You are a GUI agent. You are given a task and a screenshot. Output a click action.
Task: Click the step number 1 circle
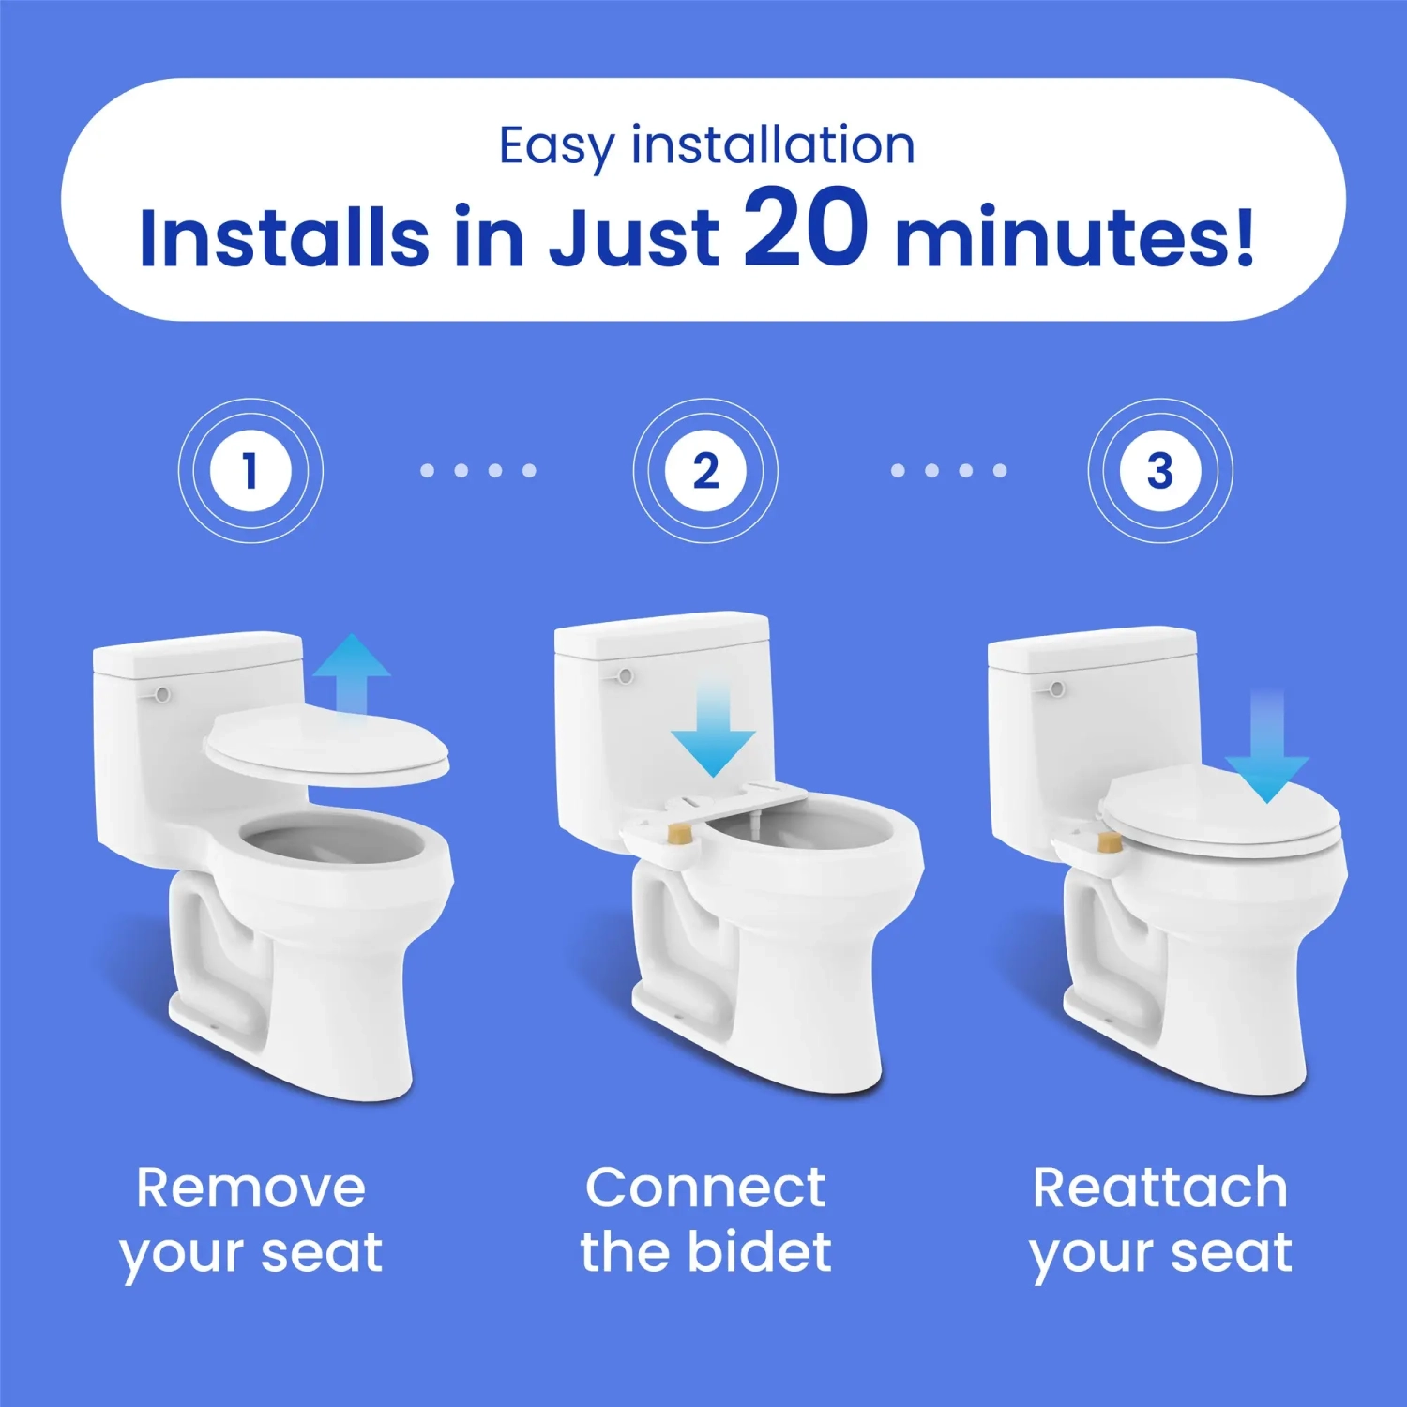click(x=250, y=470)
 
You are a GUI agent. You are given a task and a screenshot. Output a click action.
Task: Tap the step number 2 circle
click(x=705, y=470)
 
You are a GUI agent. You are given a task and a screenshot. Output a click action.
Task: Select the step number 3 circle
click(x=1160, y=470)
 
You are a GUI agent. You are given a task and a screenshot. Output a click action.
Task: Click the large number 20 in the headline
click(x=806, y=228)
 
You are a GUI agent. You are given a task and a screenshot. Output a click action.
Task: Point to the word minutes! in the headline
click(x=1074, y=236)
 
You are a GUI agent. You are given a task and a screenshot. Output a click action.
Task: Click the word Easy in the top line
click(x=555, y=147)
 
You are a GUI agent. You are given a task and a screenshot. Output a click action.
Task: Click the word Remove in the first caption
click(x=250, y=1188)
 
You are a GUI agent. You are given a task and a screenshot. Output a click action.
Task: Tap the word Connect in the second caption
click(x=705, y=1188)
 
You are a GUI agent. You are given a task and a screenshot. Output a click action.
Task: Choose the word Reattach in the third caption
click(x=1160, y=1188)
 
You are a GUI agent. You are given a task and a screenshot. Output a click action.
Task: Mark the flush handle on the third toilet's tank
click(x=1056, y=689)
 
